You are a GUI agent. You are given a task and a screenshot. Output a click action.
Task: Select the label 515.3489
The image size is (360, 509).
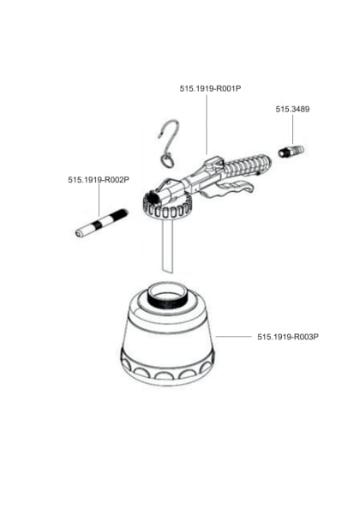[291, 109]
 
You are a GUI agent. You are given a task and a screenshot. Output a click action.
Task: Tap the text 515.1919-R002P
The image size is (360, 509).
[98, 180]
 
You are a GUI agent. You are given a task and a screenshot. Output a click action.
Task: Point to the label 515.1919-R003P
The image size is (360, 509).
[288, 337]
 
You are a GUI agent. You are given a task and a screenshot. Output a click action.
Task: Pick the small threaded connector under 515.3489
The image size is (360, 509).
[291, 152]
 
